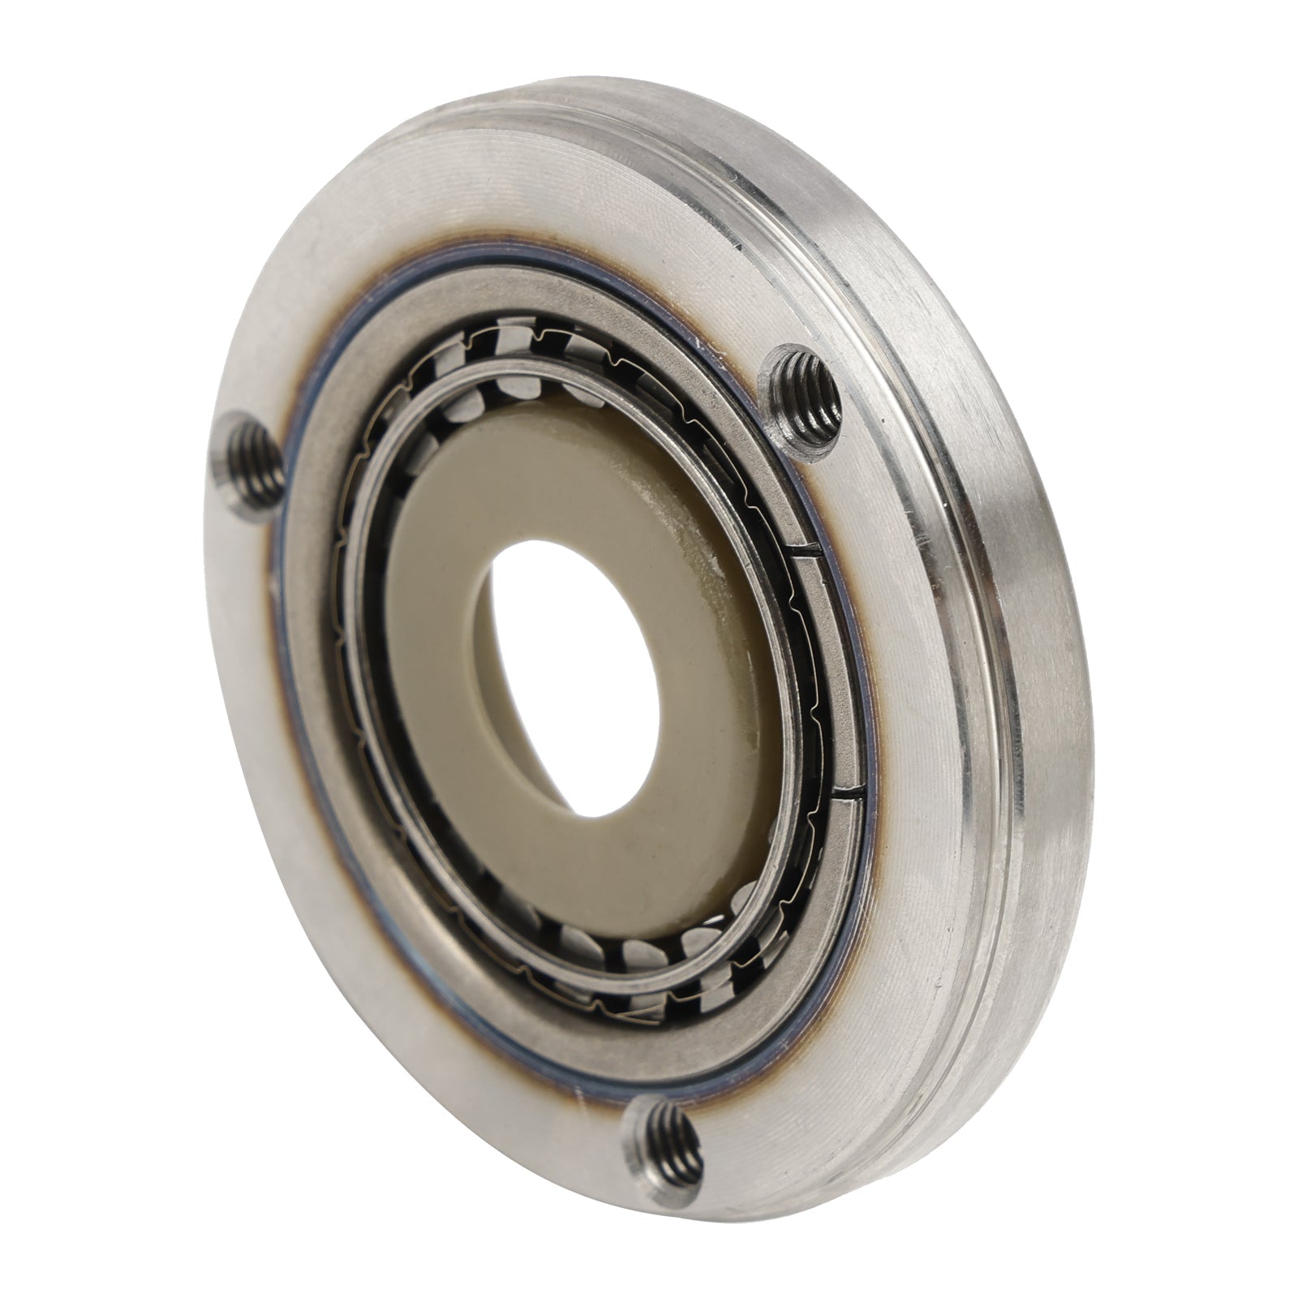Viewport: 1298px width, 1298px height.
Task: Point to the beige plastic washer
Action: pyautogui.click(x=454, y=649)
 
